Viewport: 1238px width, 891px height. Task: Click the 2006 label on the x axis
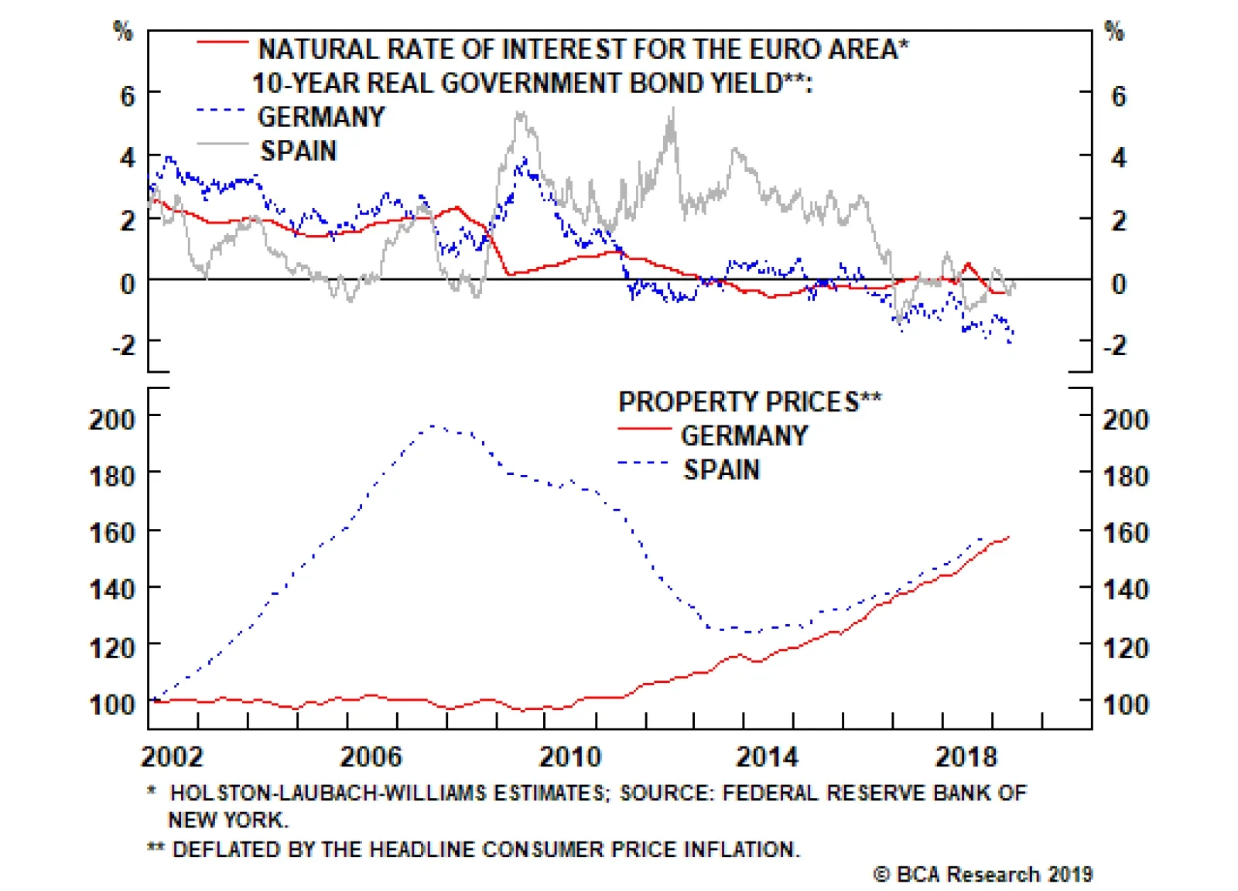[371, 756]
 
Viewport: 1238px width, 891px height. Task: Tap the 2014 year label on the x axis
[767, 756]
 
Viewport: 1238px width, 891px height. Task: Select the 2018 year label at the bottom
[966, 756]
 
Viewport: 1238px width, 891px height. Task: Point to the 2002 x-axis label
[172, 756]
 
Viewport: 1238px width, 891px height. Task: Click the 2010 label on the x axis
[569, 756]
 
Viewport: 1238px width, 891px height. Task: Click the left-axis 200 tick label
[112, 419]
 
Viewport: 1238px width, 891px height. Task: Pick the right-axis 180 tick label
[1125, 476]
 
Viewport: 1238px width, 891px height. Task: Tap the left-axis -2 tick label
[123, 344]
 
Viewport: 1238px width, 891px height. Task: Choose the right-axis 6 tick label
[1118, 96]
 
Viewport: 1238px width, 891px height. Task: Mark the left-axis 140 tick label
[112, 589]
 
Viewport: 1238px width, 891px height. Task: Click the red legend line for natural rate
[222, 43]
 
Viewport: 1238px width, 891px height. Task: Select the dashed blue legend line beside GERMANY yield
[221, 111]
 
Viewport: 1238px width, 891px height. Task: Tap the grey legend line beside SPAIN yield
[222, 144]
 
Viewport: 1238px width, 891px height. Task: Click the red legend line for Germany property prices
[644, 428]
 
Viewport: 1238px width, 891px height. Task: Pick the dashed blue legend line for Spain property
[644, 463]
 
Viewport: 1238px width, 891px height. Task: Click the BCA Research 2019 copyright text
[983, 874]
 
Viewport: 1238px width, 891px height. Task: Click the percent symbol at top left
[123, 31]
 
